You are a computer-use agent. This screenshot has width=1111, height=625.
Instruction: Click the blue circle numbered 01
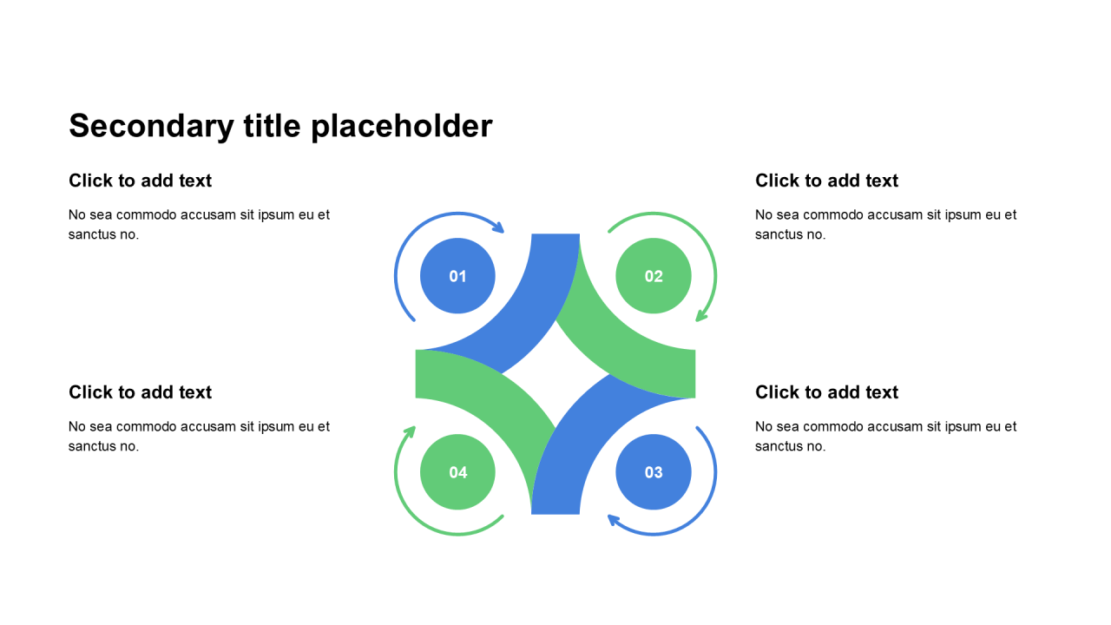(x=457, y=276)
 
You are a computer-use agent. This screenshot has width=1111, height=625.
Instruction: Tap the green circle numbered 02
(x=654, y=276)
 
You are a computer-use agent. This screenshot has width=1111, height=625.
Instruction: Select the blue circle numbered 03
(x=654, y=472)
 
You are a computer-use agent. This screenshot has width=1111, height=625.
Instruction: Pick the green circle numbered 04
(x=457, y=472)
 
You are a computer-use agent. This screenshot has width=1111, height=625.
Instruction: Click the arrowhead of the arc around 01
(x=498, y=228)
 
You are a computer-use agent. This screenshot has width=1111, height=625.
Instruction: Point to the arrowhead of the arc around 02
(x=701, y=317)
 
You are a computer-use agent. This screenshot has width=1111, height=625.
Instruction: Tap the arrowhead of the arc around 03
(x=613, y=519)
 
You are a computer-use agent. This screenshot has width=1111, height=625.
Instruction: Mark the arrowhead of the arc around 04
(x=411, y=431)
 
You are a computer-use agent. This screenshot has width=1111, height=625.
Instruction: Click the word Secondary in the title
(x=151, y=127)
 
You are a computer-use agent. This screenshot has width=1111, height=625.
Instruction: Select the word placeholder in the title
(x=402, y=127)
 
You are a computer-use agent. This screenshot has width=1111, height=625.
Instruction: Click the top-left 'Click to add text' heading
(x=140, y=181)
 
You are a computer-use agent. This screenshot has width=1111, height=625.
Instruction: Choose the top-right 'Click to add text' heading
(x=826, y=181)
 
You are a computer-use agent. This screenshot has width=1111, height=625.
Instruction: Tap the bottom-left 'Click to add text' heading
(x=140, y=392)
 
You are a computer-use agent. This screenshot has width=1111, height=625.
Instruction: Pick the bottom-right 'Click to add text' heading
(x=826, y=392)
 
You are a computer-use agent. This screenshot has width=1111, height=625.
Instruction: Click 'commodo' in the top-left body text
(x=146, y=214)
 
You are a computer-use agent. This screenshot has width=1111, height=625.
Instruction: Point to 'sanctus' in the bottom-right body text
(x=779, y=446)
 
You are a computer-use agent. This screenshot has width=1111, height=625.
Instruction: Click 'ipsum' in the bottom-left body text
(x=276, y=426)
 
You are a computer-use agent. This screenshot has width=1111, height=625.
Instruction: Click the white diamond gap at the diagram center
(x=555, y=374)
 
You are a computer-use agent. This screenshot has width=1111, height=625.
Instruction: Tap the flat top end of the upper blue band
(x=555, y=236)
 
